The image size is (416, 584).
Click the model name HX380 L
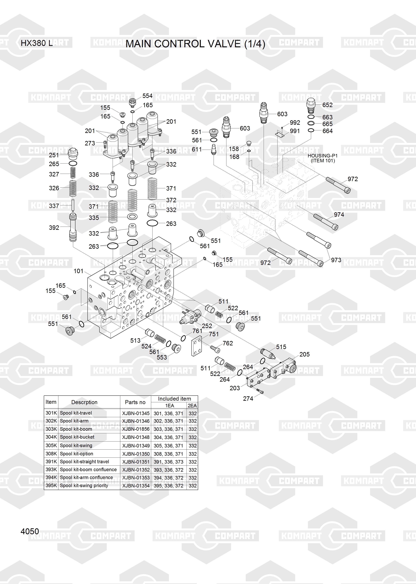(37, 43)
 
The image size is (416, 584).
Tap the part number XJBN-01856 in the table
(136, 429)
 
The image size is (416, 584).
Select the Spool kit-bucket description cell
(77, 437)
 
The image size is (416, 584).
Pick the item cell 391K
(51, 462)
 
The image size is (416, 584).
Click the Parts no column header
(135, 402)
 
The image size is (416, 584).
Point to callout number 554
(147, 96)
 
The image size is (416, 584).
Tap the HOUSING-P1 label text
(322, 156)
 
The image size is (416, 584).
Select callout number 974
(339, 215)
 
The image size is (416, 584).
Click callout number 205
(305, 354)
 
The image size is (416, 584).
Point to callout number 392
(54, 228)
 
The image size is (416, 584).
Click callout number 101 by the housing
(79, 271)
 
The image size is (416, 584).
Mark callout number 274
(248, 399)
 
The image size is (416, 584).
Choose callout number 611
(197, 149)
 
